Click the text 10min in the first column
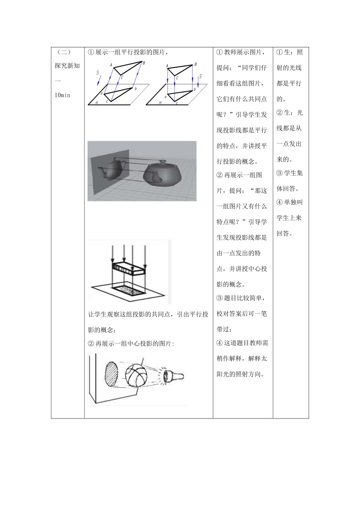click(x=63, y=95)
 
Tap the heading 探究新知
click(x=67, y=66)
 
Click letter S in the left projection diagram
click(x=98, y=72)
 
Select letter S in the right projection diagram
click(x=200, y=77)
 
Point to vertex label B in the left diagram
click(x=144, y=63)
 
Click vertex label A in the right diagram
click(x=167, y=66)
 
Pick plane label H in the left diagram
click(x=97, y=102)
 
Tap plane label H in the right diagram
click(x=160, y=102)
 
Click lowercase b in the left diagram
click(x=135, y=89)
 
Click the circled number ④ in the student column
click(x=280, y=202)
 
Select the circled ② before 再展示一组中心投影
click(x=91, y=343)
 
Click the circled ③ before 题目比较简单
click(x=220, y=298)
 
